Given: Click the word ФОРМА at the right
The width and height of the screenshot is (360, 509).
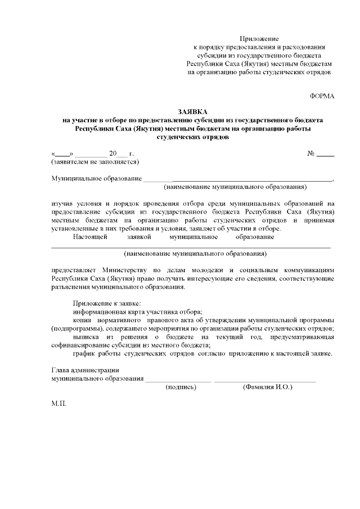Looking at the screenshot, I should (x=322, y=96).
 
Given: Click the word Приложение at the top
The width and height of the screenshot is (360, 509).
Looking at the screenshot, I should (x=259, y=38).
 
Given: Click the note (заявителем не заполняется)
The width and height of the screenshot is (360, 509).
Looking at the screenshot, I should (x=95, y=161).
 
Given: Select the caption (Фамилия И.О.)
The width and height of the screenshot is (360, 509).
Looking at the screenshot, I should (x=267, y=388).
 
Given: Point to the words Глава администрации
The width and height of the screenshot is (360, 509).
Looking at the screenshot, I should (x=85, y=370).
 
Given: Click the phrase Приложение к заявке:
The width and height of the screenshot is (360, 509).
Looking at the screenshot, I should (x=107, y=304).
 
